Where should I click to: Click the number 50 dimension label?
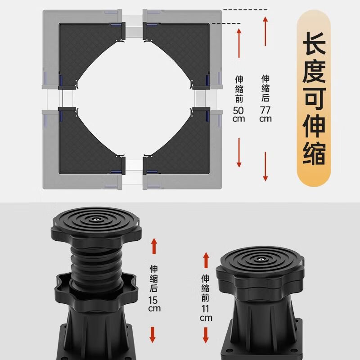(239, 110)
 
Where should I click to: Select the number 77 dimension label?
(265, 110)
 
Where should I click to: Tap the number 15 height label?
(154, 300)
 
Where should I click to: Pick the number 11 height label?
(206, 309)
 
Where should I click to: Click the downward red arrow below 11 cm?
(206, 335)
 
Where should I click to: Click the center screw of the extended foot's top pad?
(97, 219)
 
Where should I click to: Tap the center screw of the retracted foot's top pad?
(261, 259)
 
